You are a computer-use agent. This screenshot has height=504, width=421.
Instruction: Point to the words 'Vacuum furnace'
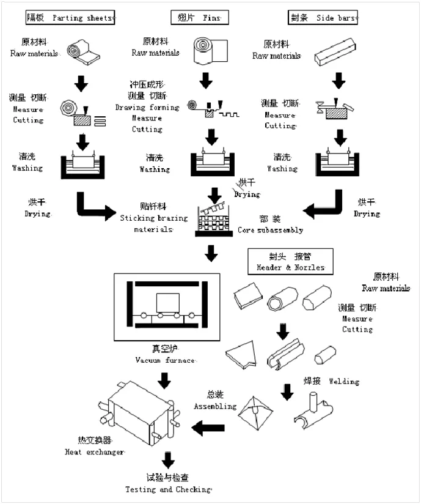[x=166, y=361]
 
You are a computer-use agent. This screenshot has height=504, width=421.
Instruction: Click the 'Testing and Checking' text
[x=168, y=489]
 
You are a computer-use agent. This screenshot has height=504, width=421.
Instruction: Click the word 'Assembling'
[x=215, y=406]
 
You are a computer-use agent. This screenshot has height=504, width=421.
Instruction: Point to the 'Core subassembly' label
[x=270, y=231]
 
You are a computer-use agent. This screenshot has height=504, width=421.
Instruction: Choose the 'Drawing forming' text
[x=147, y=108]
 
